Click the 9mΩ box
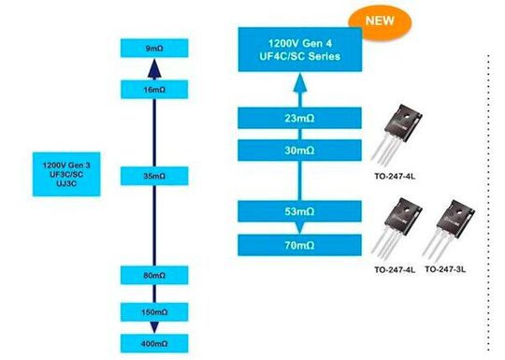155,47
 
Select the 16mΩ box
155,89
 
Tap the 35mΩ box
155,174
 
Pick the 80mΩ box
155,276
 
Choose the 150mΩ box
155,310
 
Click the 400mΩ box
155,344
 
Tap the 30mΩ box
297,150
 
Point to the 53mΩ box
297,212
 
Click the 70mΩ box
297,245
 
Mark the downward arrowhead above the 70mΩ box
297,229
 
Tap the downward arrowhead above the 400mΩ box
155,329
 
